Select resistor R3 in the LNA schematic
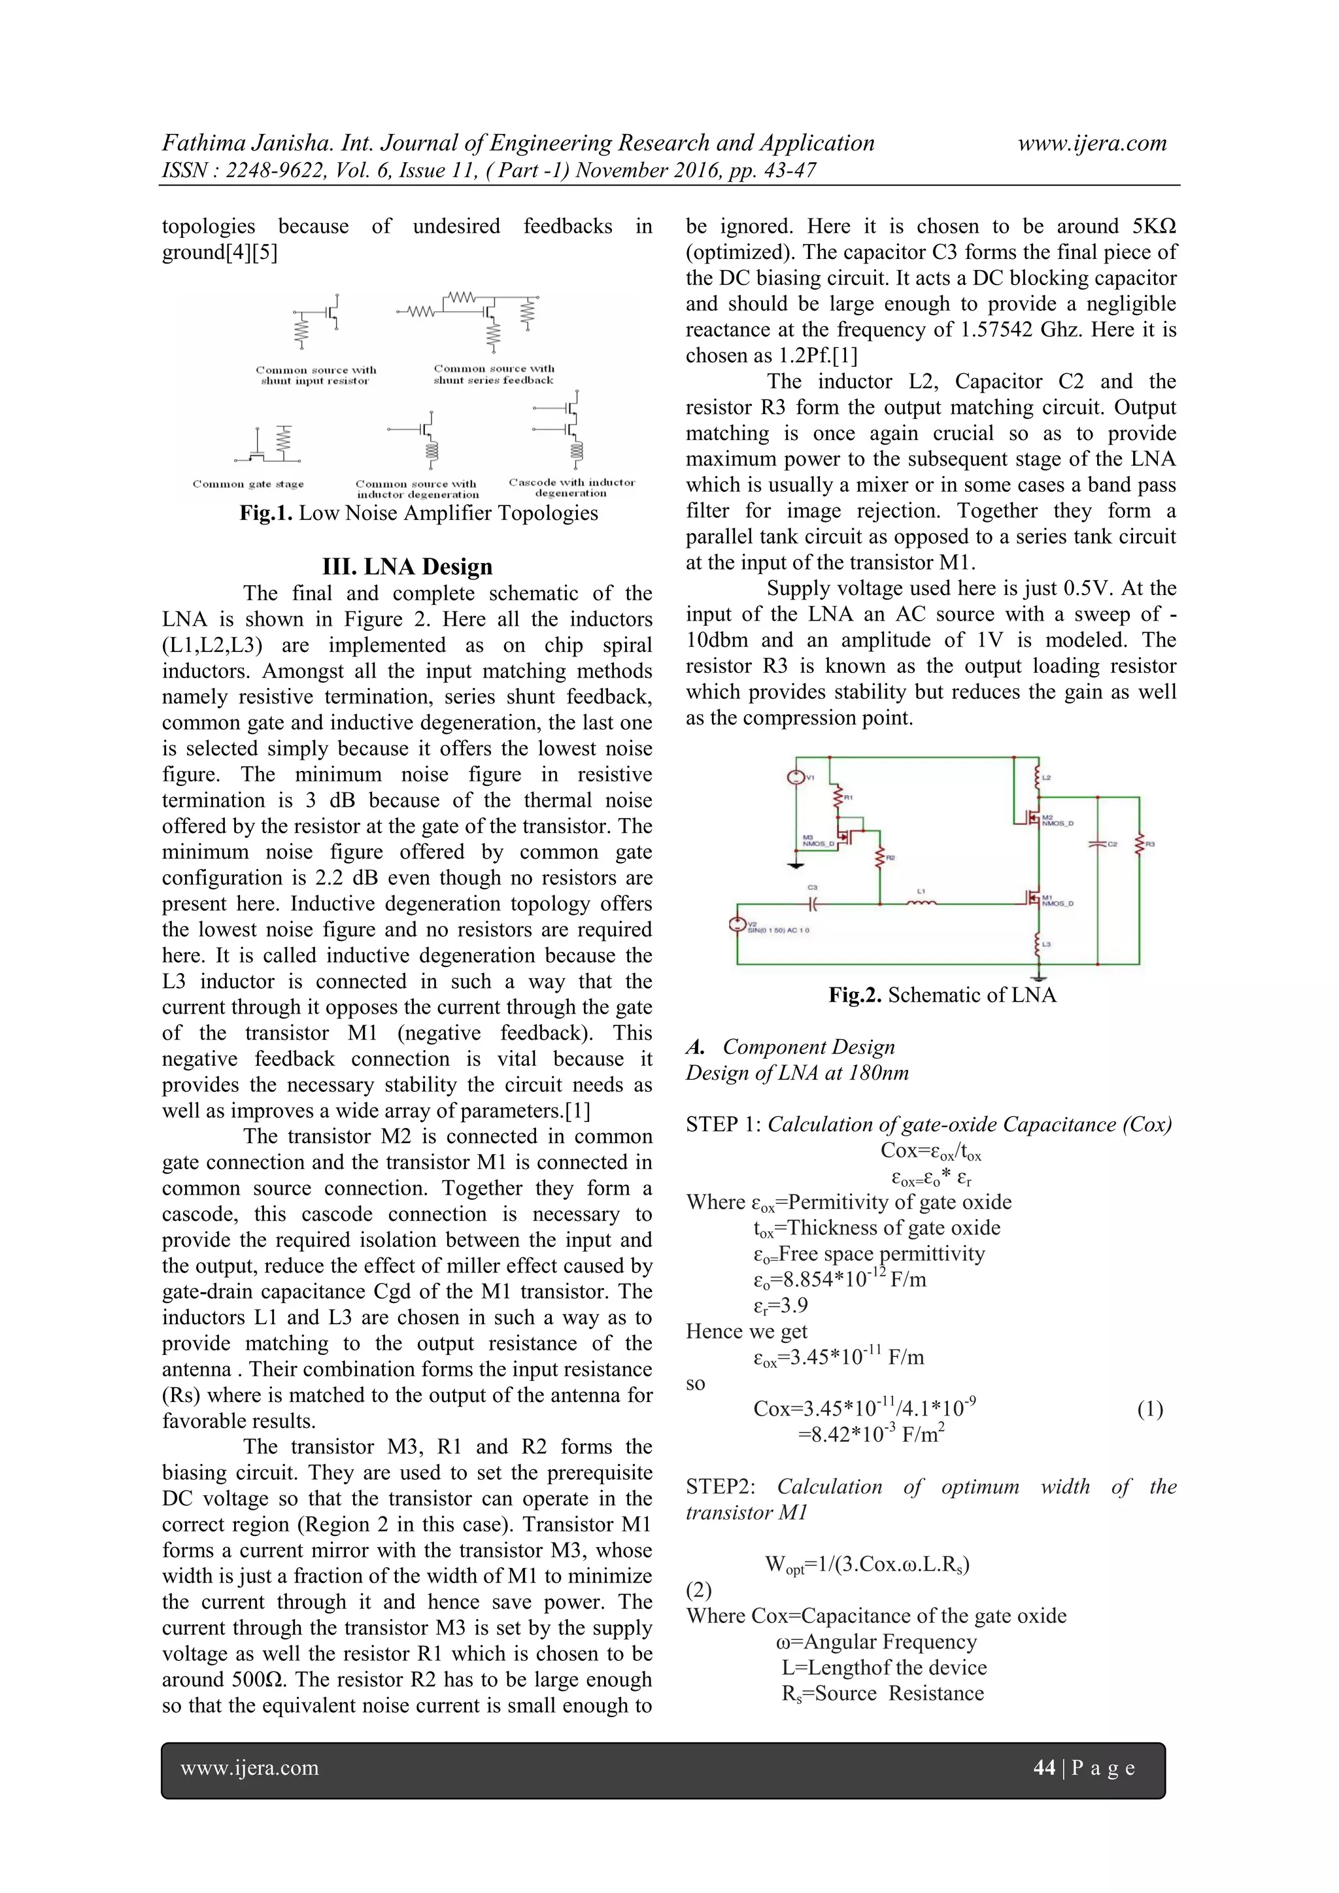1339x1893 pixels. (1139, 844)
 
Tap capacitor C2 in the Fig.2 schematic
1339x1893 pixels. (1098, 844)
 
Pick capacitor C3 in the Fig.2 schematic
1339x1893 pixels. (813, 904)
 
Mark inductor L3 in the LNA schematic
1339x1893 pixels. (1038, 942)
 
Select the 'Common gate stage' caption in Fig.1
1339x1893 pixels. (248, 484)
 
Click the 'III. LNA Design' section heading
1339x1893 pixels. (407, 566)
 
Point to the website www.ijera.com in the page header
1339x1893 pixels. (1092, 143)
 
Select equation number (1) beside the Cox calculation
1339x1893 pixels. (1149, 1409)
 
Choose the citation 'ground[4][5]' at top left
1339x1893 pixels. (219, 252)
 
